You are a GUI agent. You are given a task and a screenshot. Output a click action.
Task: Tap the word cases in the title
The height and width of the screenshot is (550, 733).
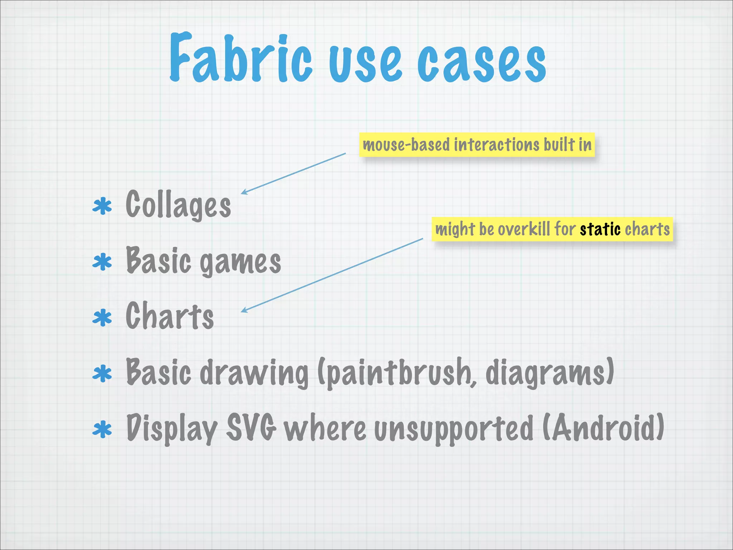(x=481, y=63)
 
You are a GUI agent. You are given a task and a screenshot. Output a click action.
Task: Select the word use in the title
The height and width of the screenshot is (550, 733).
(x=365, y=63)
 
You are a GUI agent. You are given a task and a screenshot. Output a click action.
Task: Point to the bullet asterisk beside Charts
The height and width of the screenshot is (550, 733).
(x=102, y=318)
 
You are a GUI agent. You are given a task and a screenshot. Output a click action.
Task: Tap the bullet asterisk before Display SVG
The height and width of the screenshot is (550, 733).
(x=102, y=429)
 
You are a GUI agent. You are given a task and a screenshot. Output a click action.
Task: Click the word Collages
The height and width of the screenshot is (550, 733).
(x=178, y=205)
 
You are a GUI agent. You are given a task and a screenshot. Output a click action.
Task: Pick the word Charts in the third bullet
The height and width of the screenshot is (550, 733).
(x=170, y=316)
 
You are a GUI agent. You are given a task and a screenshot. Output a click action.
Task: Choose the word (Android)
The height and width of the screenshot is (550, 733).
(x=603, y=428)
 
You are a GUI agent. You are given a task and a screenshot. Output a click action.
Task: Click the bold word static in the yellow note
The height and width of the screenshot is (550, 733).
(x=600, y=229)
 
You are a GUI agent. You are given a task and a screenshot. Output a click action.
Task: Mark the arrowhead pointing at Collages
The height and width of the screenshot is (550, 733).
(x=243, y=193)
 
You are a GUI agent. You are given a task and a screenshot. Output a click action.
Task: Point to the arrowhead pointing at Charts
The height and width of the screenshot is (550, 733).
(x=243, y=310)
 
